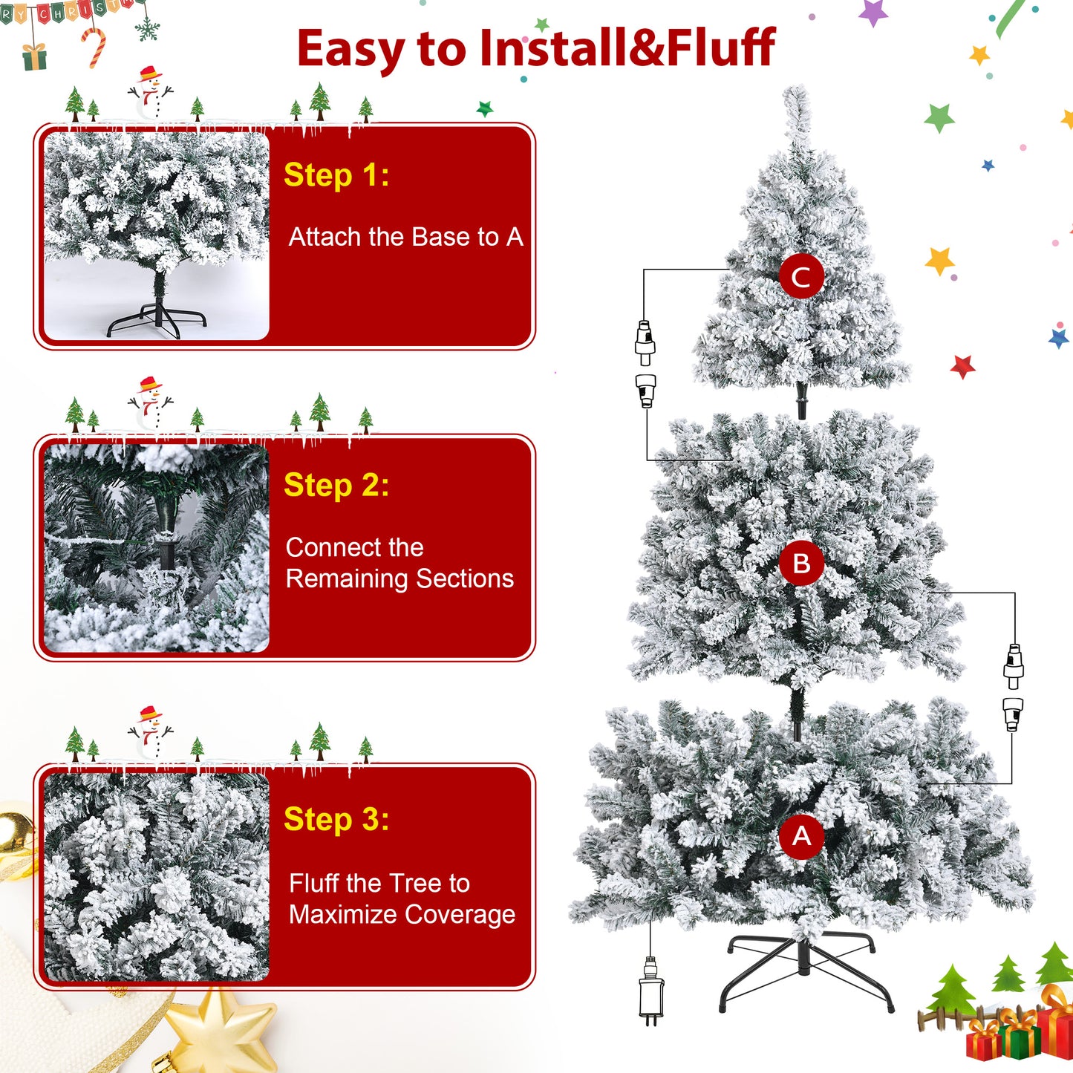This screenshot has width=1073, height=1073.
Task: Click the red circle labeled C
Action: pos(800,276)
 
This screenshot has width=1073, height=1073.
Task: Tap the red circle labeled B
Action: pos(800,563)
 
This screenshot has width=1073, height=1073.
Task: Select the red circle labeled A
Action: pos(800,836)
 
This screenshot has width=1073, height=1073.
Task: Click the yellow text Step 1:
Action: pos(336,175)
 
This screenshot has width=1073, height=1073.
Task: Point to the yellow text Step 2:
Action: pos(336,485)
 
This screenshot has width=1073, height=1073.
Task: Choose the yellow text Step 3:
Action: pos(336,818)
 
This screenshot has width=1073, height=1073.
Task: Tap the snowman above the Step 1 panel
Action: pos(150,93)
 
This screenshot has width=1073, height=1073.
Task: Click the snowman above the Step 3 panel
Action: pos(150,733)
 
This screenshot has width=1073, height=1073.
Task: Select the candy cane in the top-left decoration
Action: pos(94,48)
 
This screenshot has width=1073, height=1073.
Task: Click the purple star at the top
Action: pos(873,12)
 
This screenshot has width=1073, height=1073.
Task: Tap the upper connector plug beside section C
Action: pos(645,343)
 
